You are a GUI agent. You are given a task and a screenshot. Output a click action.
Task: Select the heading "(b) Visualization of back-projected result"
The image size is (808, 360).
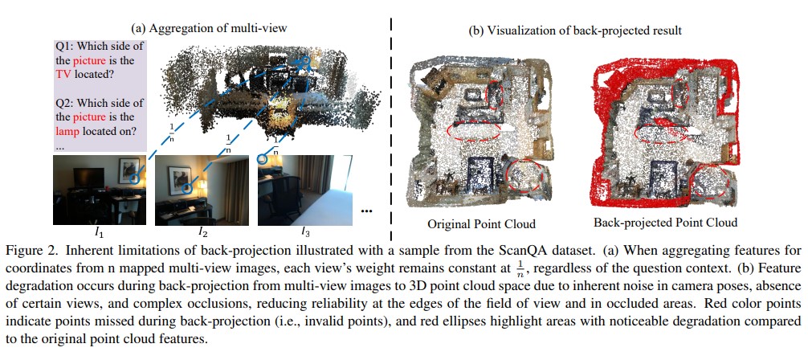point(575,31)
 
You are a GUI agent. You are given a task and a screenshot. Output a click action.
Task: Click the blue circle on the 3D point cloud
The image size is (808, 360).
point(304,62)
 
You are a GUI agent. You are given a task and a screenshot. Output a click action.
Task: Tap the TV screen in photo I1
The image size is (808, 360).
point(84,177)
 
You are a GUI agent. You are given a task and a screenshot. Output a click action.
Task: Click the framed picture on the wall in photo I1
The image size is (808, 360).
point(128,170)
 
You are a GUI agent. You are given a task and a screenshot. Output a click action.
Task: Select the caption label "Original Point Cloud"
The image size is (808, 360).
point(481,224)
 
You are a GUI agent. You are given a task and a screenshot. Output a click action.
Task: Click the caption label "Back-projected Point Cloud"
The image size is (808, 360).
point(665,223)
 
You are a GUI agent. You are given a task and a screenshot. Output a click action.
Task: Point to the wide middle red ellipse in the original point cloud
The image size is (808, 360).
point(474,131)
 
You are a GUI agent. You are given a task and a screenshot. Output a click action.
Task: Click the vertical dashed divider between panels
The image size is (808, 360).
point(391,129)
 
